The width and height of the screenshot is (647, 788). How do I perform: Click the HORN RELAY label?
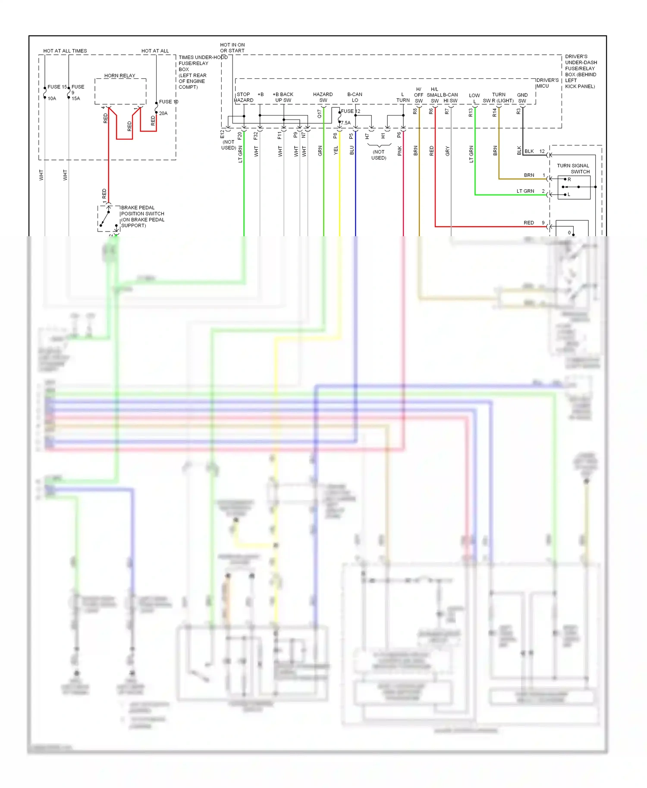[x=119, y=75]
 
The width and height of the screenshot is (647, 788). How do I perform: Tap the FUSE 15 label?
[x=57, y=87]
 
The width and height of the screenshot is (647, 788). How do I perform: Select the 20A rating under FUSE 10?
[x=163, y=113]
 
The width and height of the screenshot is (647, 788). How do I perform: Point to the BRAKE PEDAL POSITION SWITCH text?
[x=142, y=216]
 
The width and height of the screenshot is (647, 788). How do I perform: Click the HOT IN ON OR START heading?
[x=232, y=47]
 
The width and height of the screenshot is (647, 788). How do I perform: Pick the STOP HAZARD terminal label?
[x=244, y=97]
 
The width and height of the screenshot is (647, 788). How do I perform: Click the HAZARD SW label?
[x=323, y=97]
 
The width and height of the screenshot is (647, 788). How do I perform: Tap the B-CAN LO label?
[x=355, y=97]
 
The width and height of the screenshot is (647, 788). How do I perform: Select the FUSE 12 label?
[x=350, y=111]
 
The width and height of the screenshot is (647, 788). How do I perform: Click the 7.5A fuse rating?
[x=346, y=123]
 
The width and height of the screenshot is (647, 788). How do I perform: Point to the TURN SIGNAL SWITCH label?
[x=573, y=169]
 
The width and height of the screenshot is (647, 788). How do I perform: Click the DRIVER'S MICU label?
[x=547, y=83]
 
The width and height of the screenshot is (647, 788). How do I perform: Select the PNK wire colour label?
[x=400, y=151]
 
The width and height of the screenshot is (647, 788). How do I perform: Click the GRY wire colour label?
[x=447, y=151]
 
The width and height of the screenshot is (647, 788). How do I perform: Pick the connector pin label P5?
[x=352, y=136]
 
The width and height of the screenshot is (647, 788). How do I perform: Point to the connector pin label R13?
[x=471, y=113]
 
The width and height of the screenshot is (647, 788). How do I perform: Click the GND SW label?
[x=522, y=98]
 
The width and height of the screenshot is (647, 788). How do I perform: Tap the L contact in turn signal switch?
[x=569, y=194]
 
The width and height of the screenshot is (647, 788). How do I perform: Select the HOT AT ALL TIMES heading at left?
[x=65, y=51]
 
